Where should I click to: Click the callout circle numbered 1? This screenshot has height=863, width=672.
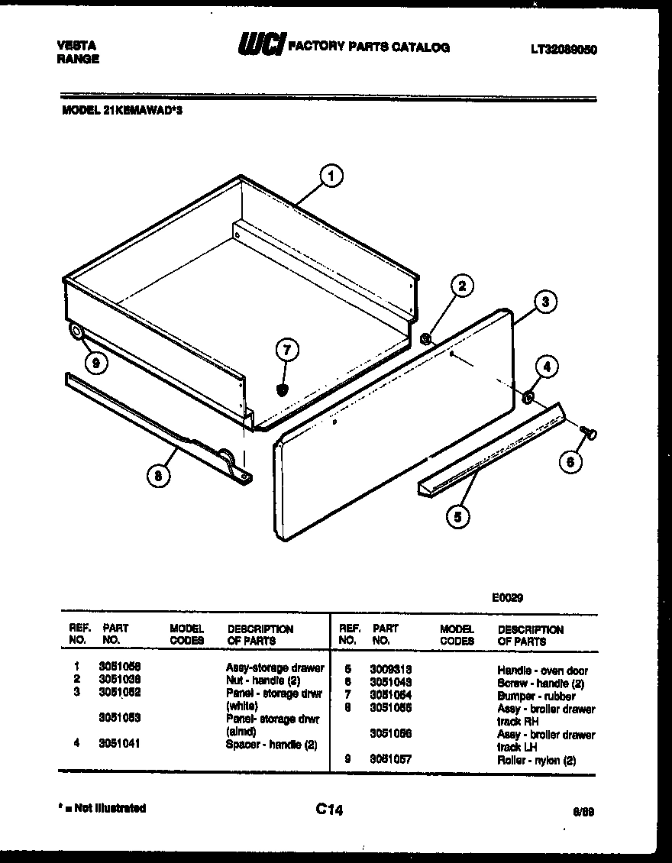331,177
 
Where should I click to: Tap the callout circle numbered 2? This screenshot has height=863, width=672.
460,286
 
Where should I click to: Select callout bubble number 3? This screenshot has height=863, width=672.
544,302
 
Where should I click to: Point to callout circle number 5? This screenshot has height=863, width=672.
457,517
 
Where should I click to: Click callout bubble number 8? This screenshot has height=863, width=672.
158,477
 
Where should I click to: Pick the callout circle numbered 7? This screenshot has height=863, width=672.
286,351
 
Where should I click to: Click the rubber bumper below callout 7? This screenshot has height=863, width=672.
283,390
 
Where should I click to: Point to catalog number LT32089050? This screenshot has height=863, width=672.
564,50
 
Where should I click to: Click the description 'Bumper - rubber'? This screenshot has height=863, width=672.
536,696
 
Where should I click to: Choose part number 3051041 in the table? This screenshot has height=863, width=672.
119,743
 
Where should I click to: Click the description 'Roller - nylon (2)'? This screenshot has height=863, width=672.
536,761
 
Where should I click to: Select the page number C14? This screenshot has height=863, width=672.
329,810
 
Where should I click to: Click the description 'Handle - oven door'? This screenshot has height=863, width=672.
542,670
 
